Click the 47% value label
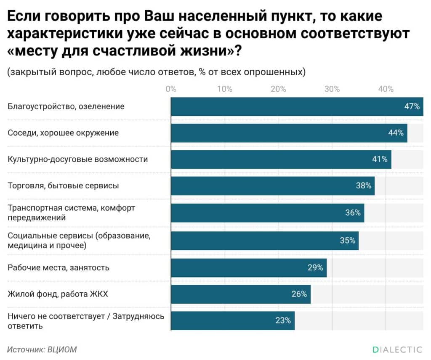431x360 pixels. point(412,106)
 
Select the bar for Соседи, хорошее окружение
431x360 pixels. point(289,133)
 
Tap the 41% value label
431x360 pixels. point(379,159)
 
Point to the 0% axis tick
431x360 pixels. point(171,89)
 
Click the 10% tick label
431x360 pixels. point(224,89)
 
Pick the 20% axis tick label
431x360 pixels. point(278,89)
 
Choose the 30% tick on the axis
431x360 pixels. point(332,89)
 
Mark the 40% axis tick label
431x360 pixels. point(386,89)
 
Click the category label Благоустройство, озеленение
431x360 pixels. point(66,106)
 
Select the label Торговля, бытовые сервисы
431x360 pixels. point(63,185)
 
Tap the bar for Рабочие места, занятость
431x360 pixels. point(248,267)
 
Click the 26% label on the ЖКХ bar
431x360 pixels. point(299,294)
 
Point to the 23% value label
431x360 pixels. point(283,320)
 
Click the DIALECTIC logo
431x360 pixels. point(397,349)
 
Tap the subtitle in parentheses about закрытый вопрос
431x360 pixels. point(156,72)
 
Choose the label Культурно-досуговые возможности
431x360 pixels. point(78,159)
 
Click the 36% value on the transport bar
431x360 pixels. point(353,213)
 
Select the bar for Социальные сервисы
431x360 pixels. point(264,241)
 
